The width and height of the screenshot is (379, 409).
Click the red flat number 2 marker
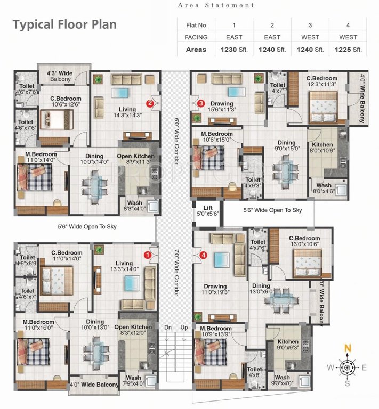(x=151, y=103)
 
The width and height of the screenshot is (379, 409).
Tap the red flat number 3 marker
(x=201, y=103)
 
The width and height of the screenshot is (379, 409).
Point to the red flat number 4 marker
(x=203, y=255)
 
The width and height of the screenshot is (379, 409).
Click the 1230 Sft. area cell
(x=234, y=50)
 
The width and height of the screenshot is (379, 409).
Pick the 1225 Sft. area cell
(x=348, y=50)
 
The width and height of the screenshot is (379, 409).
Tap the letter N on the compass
(x=348, y=348)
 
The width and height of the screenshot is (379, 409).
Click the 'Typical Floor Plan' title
(x=64, y=24)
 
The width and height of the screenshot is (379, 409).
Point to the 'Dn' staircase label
(x=167, y=326)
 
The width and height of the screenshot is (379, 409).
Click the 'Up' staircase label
(x=184, y=326)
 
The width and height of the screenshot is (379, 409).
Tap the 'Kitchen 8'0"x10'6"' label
(x=322, y=148)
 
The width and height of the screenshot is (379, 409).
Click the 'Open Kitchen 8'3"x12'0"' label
(x=133, y=330)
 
